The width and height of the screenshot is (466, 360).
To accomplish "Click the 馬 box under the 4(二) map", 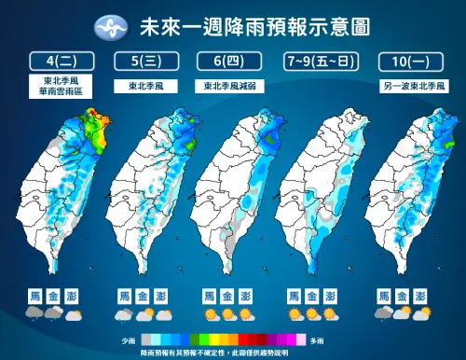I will click(34, 296).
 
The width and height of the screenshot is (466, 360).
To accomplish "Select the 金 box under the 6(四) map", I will click(227, 296).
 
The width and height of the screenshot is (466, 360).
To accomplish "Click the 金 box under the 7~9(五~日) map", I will click(314, 296).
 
